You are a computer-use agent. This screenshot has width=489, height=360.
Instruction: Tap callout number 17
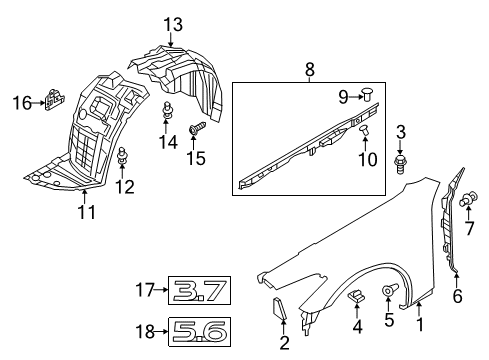(146, 291)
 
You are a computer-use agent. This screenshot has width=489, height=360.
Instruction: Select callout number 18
(146, 329)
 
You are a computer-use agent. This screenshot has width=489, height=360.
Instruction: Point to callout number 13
(173, 23)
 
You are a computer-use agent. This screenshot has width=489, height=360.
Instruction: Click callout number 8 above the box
(310, 71)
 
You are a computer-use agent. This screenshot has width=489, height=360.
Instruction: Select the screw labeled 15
(195, 129)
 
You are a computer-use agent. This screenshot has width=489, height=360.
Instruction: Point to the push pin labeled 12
(122, 155)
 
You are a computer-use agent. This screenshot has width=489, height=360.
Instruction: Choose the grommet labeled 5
(388, 292)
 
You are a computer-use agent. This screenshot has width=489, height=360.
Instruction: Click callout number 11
(86, 211)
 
